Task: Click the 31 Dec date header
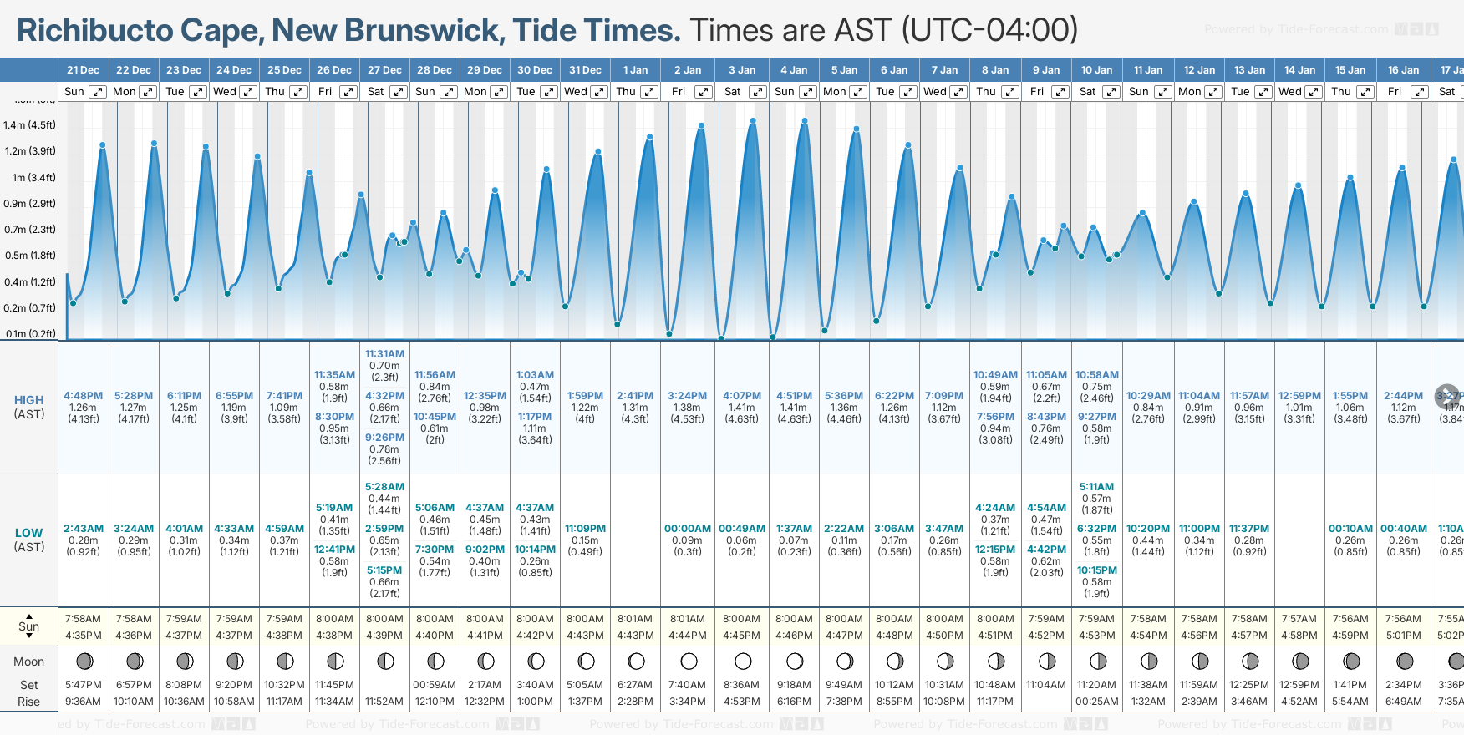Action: click(x=585, y=70)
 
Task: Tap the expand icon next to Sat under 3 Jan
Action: click(x=758, y=92)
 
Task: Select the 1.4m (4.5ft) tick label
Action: click(x=29, y=125)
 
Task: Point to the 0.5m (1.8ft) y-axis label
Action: click(x=29, y=256)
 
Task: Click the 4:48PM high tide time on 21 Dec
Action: click(x=84, y=396)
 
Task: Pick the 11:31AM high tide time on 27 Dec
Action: click(x=384, y=354)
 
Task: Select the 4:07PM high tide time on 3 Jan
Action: click(x=742, y=396)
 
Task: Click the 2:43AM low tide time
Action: click(x=84, y=529)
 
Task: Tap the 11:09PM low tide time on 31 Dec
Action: click(x=585, y=529)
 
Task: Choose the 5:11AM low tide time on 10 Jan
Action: click(x=1096, y=487)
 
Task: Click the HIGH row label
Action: click(x=29, y=400)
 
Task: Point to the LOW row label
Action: click(x=29, y=533)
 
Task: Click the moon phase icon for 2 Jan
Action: click(x=689, y=661)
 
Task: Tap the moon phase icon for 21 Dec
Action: click(x=84, y=661)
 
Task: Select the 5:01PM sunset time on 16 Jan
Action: click(x=1403, y=636)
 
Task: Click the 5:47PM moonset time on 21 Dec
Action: click(x=84, y=685)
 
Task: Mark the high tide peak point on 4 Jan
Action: click(x=805, y=121)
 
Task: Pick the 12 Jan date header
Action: click(x=1199, y=70)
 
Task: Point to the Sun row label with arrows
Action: click(x=29, y=626)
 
